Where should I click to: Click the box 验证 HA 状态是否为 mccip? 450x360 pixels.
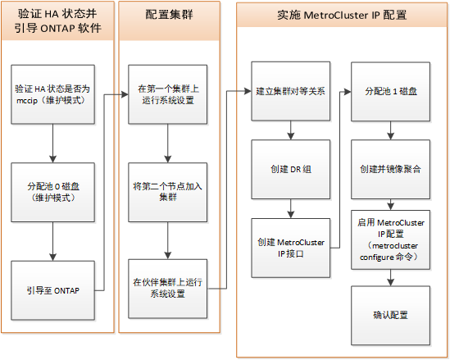52,94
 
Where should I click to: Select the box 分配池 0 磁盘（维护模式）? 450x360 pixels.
52,193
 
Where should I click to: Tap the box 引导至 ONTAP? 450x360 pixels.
52,290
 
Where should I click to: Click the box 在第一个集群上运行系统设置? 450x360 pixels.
168,94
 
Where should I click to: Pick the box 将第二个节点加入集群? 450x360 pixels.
168,193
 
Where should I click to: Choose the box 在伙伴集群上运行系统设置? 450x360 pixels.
168,289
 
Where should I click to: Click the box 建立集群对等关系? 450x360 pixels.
291,91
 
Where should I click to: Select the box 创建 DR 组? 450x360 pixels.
291,170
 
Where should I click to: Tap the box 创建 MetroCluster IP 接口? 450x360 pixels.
291,248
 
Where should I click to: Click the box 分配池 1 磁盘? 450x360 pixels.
391,92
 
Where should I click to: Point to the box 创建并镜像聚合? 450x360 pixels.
391,170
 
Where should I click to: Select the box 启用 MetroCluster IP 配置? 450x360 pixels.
391,239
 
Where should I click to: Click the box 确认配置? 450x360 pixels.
391,316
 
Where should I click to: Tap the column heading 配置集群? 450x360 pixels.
170,15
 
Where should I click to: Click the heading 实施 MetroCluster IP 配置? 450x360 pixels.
342,15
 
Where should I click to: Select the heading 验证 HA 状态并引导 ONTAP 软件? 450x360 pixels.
57,21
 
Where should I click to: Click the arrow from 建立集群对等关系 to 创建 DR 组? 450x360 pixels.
291,130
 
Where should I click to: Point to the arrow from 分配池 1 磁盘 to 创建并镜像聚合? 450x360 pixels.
391,130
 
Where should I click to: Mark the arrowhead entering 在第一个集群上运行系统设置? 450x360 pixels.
125,94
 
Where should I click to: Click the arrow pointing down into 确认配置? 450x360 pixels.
391,278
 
